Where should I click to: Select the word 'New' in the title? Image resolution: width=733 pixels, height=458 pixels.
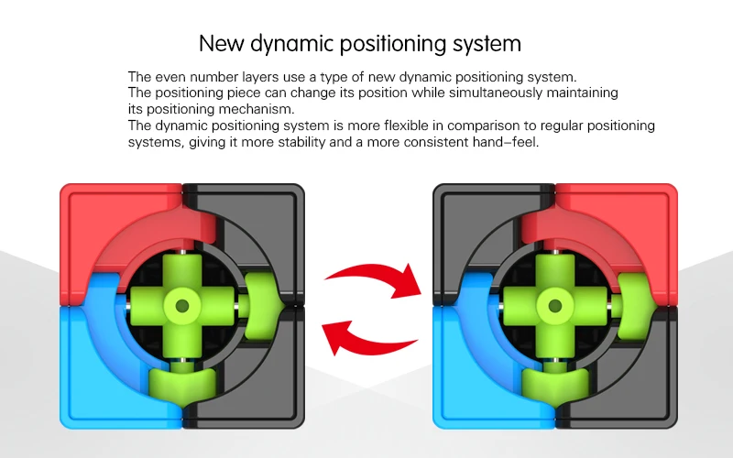coord(221,43)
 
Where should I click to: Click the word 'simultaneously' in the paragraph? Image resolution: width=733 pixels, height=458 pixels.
coord(496,93)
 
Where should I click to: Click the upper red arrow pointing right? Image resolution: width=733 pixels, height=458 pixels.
coord(374,280)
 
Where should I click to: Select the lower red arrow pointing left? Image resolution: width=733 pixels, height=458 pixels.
coord(369,339)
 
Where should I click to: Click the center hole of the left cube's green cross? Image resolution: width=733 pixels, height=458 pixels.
coord(181,306)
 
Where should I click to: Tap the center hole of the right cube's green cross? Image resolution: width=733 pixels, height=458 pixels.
coord(555,306)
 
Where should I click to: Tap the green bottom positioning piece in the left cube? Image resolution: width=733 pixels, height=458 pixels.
coord(182,383)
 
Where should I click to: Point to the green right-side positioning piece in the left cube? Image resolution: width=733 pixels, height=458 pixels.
coord(263,306)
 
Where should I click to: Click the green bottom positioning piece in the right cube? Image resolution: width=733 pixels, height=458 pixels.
coord(555,383)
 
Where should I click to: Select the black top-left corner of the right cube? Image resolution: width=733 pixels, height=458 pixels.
coord(467,220)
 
